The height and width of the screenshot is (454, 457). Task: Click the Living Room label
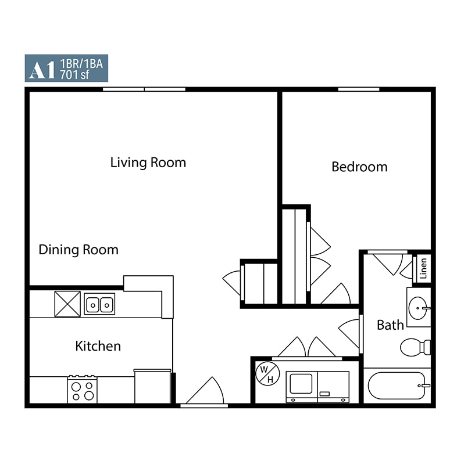click(148, 162)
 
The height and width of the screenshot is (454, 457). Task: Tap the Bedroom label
click(359, 167)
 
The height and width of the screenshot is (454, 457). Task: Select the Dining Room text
click(78, 250)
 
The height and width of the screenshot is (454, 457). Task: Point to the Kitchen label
click(98, 346)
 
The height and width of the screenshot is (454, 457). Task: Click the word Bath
click(390, 325)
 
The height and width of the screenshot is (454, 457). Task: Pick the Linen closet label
click(423, 268)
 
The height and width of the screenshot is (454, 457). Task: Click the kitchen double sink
click(99, 304)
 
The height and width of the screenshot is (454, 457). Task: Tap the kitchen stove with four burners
click(82, 389)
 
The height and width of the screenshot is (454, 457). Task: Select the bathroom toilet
click(415, 347)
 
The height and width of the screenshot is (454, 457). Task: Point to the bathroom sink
click(418, 307)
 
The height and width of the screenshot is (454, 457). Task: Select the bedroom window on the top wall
click(359, 89)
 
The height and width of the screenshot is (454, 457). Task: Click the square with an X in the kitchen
click(67, 304)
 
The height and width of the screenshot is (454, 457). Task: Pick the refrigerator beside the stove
click(152, 386)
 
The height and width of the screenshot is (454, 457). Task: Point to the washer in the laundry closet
click(302, 385)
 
